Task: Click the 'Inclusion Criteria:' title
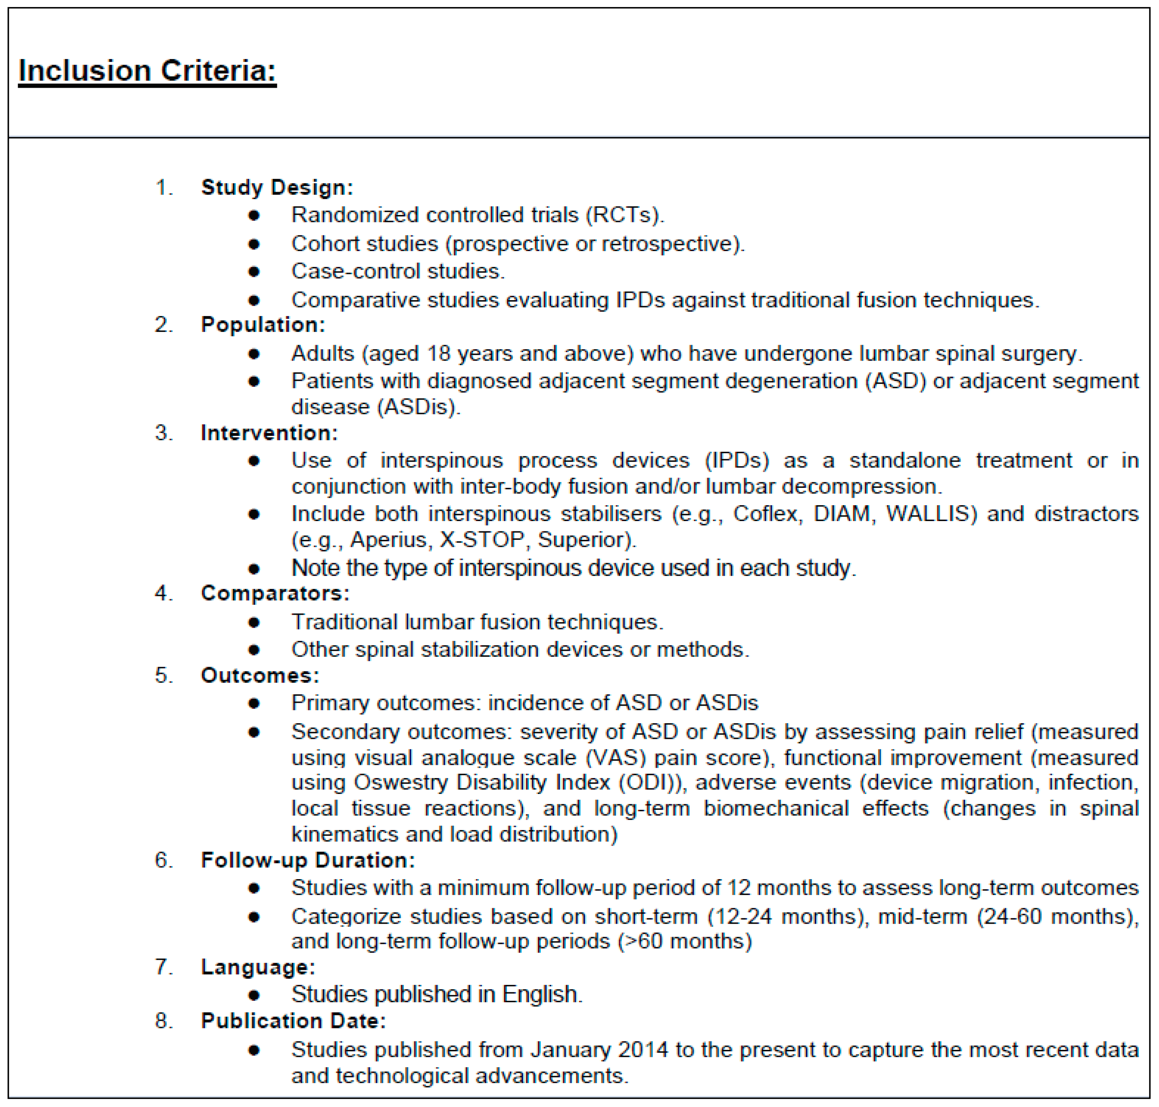pos(147,71)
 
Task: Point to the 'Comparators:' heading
pos(275,593)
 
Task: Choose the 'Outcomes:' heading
pos(260,675)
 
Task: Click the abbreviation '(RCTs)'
pos(624,215)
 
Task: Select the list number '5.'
pos(163,675)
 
